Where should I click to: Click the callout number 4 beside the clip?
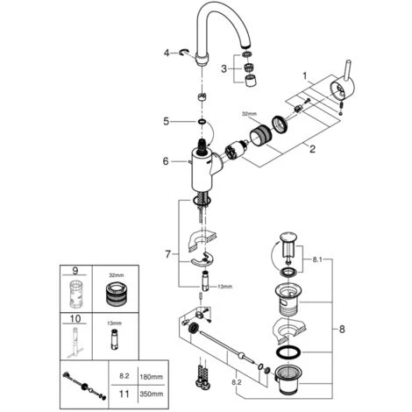click(167, 53)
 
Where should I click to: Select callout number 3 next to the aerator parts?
click(224, 69)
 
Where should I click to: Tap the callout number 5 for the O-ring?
click(166, 121)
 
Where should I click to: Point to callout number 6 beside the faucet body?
click(166, 161)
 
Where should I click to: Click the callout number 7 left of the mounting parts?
click(167, 254)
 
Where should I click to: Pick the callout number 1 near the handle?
click(305, 76)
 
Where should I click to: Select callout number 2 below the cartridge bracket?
click(312, 149)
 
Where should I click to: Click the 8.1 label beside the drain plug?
click(317, 259)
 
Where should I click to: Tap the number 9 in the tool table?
click(75, 271)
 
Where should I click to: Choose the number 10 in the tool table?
click(75, 318)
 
